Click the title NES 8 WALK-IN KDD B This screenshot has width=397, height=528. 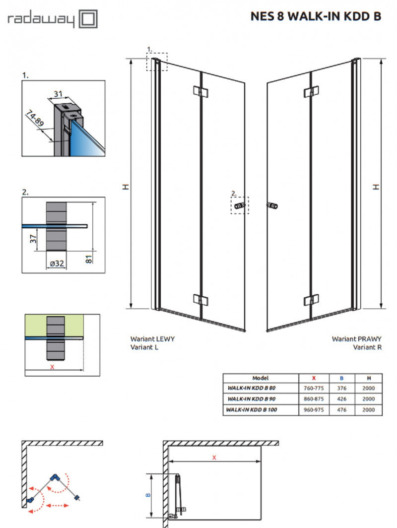coord(316,17)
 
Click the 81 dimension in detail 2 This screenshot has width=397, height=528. coord(88,258)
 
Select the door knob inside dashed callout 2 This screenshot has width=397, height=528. coord(239,205)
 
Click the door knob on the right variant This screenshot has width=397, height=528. coord(272,205)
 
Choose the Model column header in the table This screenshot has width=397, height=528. coord(261,378)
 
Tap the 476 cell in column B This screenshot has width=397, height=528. coord(341,410)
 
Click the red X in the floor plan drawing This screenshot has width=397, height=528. coord(214,457)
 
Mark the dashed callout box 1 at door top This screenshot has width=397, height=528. coord(157,62)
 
